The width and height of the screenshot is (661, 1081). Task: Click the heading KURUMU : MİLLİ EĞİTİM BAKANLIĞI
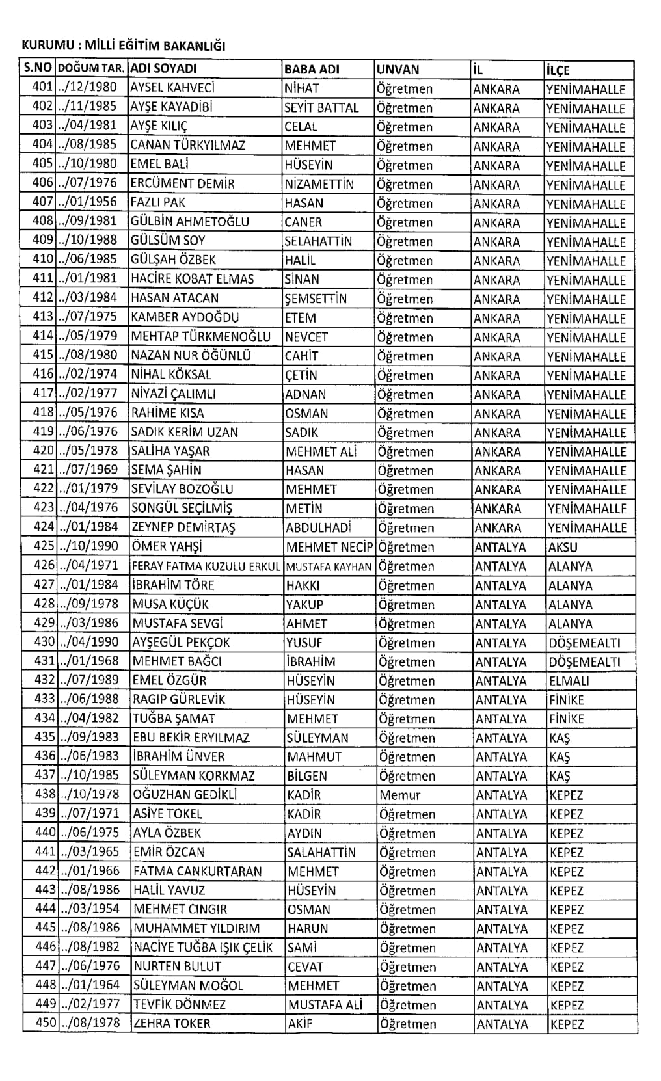tap(124, 46)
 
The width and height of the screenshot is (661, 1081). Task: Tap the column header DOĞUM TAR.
tap(92, 69)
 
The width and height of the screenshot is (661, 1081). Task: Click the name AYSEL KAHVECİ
tap(172, 88)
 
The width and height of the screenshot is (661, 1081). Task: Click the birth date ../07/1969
tap(90, 470)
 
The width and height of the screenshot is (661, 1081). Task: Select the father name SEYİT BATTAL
tap(321, 107)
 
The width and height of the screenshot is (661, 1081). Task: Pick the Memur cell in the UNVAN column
tap(400, 795)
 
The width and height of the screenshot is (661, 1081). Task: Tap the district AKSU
tap(563, 547)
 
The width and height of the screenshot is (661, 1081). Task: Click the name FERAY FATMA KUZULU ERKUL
tap(206, 567)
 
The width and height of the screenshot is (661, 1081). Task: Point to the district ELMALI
tap(569, 681)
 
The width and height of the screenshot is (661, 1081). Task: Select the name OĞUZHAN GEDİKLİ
tap(185, 795)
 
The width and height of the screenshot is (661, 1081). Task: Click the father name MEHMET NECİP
tap(329, 547)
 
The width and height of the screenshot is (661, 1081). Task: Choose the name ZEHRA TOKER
tap(172, 1024)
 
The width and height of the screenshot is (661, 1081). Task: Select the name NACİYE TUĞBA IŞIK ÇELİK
tap(203, 948)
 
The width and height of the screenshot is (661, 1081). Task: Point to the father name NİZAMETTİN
tap(319, 184)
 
